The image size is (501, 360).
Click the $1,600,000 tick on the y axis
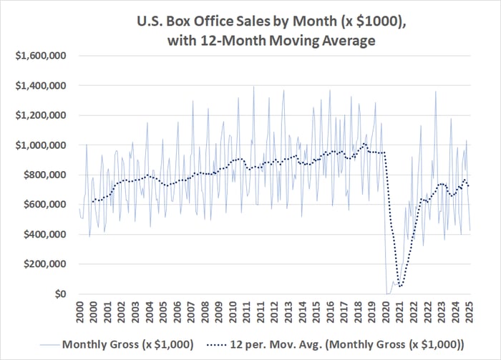[x=44, y=55]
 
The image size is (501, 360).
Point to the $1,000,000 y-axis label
[x=44, y=145]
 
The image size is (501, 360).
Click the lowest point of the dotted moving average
[x=400, y=286]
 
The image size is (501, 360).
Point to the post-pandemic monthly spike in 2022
[x=435, y=92]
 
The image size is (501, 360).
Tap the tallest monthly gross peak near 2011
[x=253, y=87]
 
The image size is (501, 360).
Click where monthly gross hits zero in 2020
[x=388, y=293]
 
